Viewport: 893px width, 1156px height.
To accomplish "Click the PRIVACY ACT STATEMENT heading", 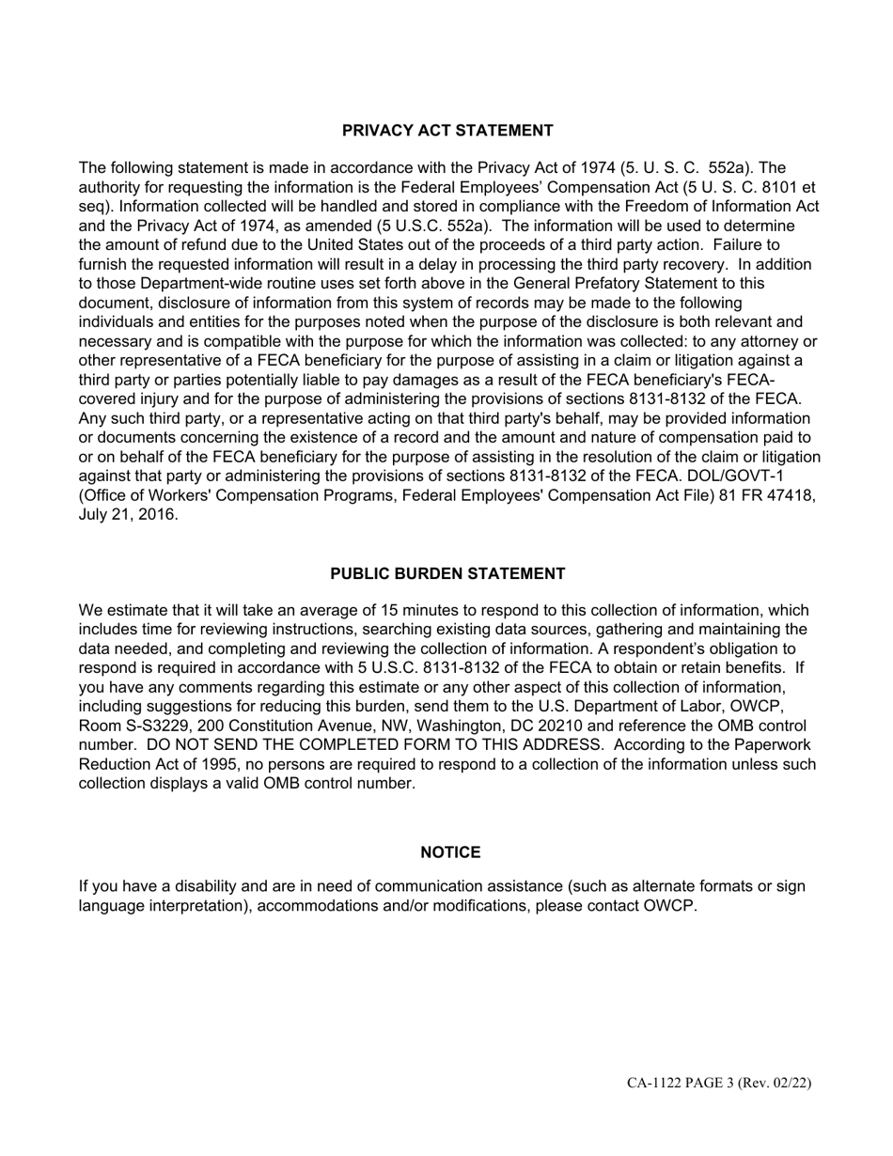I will click(x=447, y=131).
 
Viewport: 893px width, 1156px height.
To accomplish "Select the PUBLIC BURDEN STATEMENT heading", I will click(x=447, y=573).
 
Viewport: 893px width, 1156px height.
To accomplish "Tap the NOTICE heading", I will click(x=450, y=852).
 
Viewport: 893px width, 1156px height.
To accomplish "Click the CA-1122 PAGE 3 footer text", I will click(x=719, y=1084).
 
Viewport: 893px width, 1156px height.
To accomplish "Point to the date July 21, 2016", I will click(x=127, y=515).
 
